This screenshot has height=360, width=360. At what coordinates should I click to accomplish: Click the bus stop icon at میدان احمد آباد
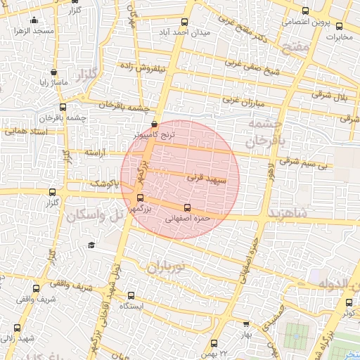pos(185,22)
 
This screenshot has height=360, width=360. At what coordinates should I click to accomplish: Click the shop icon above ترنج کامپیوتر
pos(154,124)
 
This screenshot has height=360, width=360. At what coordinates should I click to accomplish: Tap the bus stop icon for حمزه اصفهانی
pos(186,207)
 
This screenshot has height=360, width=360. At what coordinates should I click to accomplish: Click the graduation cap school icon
pos(91,245)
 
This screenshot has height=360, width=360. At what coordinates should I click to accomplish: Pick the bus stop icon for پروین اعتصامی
pos(304,11)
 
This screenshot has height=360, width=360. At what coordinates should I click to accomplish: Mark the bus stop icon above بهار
pos(245,325)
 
